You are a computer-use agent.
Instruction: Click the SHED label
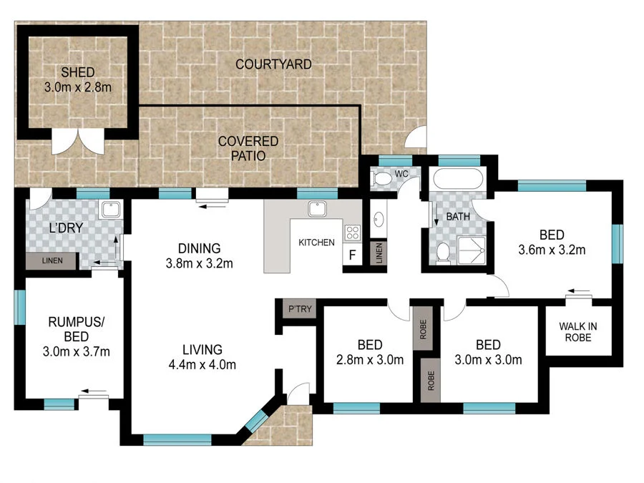tap(77, 72)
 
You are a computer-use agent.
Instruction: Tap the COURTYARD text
tap(273, 64)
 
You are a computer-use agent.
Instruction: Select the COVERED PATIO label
tap(248, 148)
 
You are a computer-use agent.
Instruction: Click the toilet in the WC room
tap(382, 179)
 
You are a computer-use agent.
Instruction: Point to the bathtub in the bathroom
tap(457, 179)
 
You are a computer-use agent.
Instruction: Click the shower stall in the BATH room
tap(472, 250)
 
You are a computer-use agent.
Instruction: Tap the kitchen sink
tap(317, 209)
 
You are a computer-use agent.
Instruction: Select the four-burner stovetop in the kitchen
tap(352, 233)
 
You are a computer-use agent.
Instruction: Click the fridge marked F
tap(352, 255)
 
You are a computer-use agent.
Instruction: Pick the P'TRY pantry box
tap(300, 309)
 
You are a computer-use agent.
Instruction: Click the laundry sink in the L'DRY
tap(110, 210)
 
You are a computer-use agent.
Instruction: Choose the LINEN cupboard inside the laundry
tap(52, 260)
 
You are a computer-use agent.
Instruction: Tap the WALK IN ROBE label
tap(578, 332)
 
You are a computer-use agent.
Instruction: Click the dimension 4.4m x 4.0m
tap(202, 365)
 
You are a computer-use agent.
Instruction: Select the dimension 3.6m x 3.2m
tap(552, 250)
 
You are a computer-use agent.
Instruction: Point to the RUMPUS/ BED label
tap(77, 329)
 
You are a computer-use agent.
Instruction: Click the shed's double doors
tap(78, 141)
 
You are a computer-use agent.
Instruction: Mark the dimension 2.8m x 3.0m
tap(370, 360)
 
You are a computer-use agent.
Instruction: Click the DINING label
tap(199, 248)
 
